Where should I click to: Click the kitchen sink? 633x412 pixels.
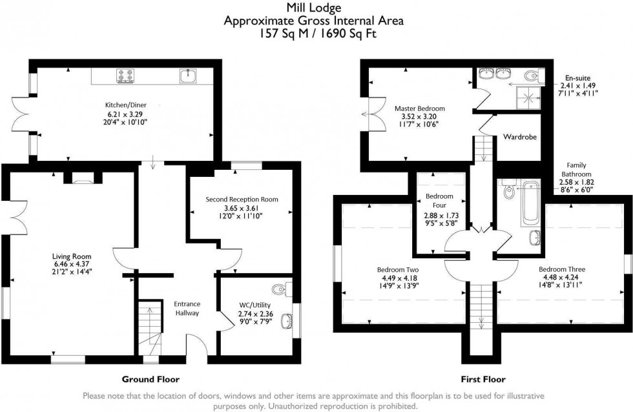tap(188, 76)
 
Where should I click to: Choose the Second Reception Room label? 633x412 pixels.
tap(242, 200)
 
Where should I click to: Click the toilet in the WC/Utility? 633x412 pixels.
tap(280, 287)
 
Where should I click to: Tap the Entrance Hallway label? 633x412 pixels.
tap(187, 308)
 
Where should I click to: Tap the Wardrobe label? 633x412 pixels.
tap(521, 138)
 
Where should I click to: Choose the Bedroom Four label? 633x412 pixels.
tap(439, 201)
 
